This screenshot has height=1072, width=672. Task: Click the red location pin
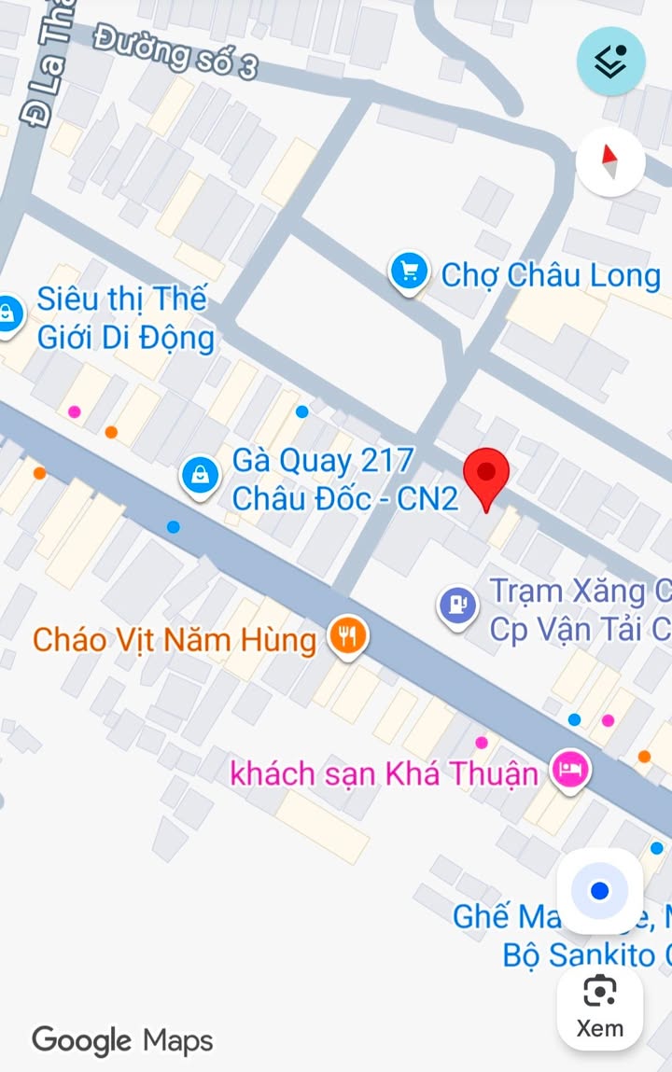pyautogui.click(x=486, y=473)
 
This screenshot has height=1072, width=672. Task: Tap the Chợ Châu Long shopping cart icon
pyautogui.click(x=408, y=272)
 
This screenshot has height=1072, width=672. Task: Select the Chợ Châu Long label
pyautogui.click(x=551, y=275)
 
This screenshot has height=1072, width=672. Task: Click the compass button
pyautogui.click(x=610, y=161)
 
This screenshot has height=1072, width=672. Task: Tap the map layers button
pyautogui.click(x=610, y=61)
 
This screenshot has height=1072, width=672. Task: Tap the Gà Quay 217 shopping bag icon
pyautogui.click(x=200, y=476)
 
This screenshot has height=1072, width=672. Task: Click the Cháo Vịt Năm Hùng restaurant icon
pyautogui.click(x=348, y=637)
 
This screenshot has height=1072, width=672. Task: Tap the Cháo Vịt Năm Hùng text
pyautogui.click(x=175, y=640)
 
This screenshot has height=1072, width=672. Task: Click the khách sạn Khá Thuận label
pyautogui.click(x=385, y=773)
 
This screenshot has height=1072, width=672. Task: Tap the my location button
pyautogui.click(x=599, y=891)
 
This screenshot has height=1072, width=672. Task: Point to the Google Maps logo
pyautogui.click(x=122, y=1040)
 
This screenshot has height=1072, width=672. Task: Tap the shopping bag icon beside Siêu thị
pyautogui.click(x=8, y=312)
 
